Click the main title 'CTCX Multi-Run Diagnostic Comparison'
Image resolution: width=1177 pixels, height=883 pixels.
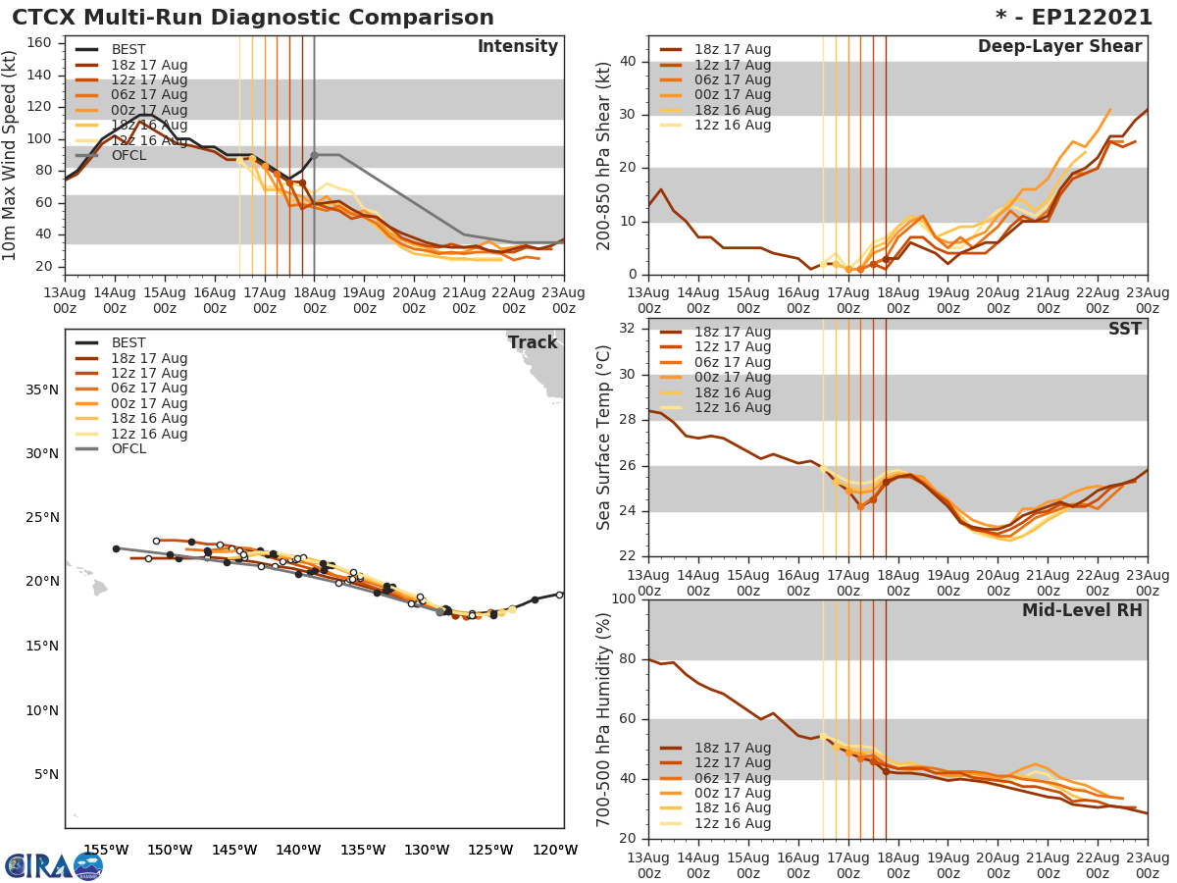coord(253,18)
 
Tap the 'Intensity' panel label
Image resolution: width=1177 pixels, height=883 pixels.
coord(517,47)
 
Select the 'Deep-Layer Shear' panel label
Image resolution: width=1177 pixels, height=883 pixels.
coord(1059,47)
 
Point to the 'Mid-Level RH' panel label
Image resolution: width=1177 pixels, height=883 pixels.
coord(1082,610)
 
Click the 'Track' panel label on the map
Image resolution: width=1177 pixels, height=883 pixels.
coord(533,342)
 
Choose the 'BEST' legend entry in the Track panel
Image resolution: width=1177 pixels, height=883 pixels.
coord(128,343)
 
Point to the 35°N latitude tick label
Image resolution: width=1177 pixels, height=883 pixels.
coord(41,390)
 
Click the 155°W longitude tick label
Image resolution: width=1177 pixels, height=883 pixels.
coord(106,851)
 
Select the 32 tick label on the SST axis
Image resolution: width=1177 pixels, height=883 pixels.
coord(627,327)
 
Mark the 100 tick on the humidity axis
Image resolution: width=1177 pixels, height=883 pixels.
coord(623,599)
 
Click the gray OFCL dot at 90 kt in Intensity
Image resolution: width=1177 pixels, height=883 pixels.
coord(314,155)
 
